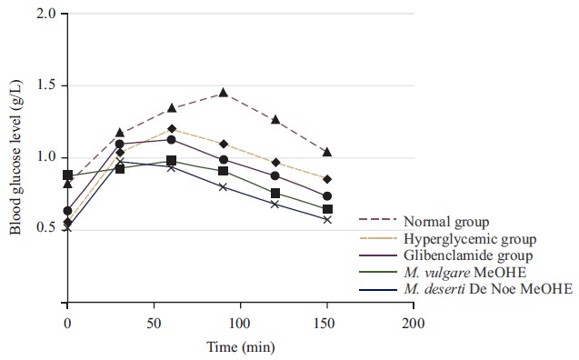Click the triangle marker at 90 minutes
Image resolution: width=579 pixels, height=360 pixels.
coord(223,93)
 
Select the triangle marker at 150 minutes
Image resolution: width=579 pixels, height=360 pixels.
coord(327,152)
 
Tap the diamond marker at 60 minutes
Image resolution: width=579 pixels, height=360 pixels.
coord(171,128)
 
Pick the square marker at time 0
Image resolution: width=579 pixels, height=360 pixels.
coord(67,175)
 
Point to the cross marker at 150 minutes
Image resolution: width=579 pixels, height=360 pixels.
coord(327,220)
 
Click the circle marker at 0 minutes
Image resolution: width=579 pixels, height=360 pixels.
coord(67,211)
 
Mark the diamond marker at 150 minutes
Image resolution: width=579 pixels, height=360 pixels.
coord(327,179)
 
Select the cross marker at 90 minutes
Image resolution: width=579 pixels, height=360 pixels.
coord(223,186)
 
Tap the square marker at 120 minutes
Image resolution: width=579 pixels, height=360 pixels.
coord(275,193)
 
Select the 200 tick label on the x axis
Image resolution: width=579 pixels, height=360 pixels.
coord(414,325)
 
